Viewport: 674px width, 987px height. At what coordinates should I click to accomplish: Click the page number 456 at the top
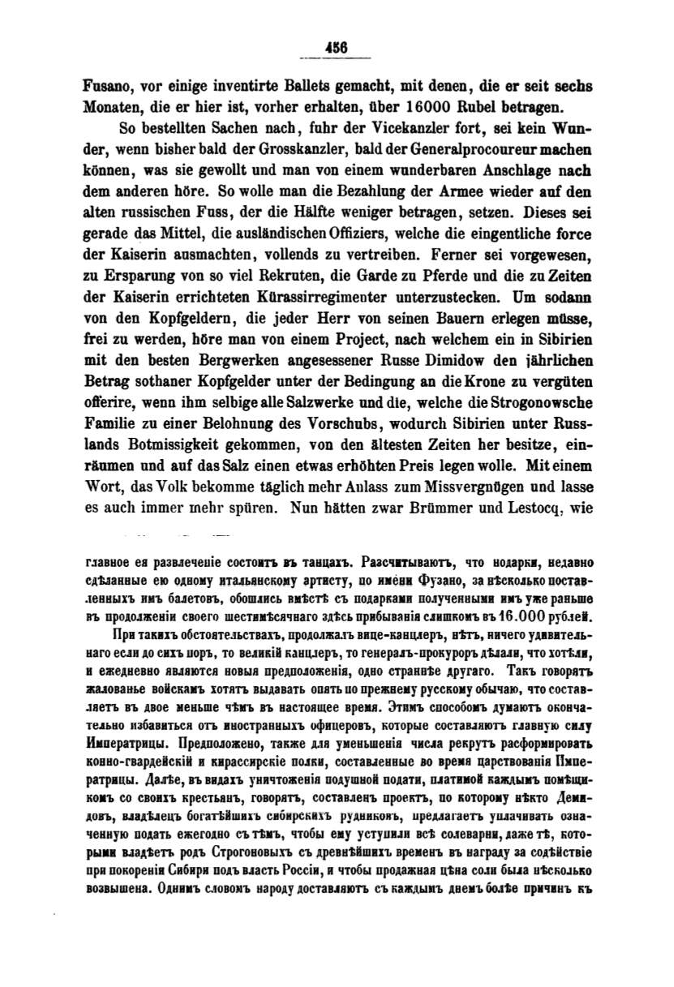336,48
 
